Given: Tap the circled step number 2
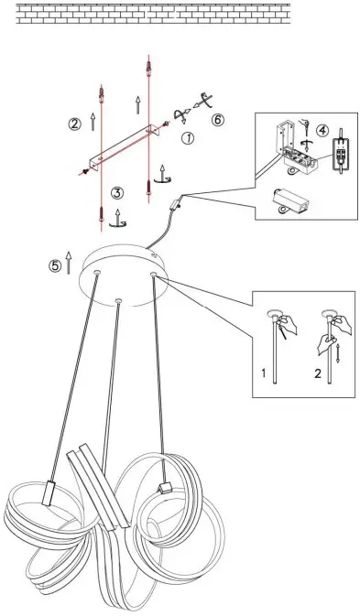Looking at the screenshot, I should point(74,124).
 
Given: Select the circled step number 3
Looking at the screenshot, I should point(117,193).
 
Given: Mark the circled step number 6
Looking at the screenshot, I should point(217,120).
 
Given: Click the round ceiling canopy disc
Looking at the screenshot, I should point(126,275).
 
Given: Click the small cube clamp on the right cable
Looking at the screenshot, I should point(166,486).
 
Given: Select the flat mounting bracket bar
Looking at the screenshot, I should point(123,150).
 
